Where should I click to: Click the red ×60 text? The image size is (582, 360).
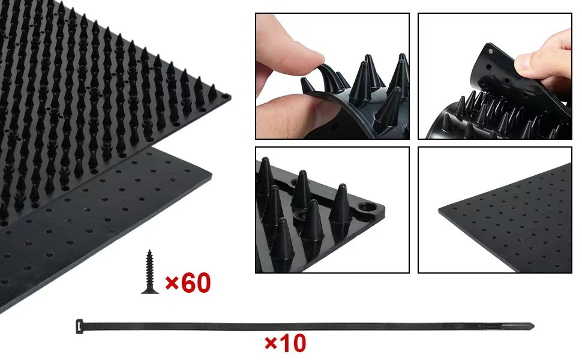[188, 283]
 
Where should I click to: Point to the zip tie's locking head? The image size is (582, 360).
[79, 326]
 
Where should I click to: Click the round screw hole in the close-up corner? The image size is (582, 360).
[366, 209]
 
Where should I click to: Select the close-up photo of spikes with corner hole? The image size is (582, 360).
[332, 210]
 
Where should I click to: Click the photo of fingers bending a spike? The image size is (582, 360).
[332, 76]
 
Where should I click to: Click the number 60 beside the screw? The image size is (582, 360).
[196, 283]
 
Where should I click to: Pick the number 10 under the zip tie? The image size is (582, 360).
[292, 343]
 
